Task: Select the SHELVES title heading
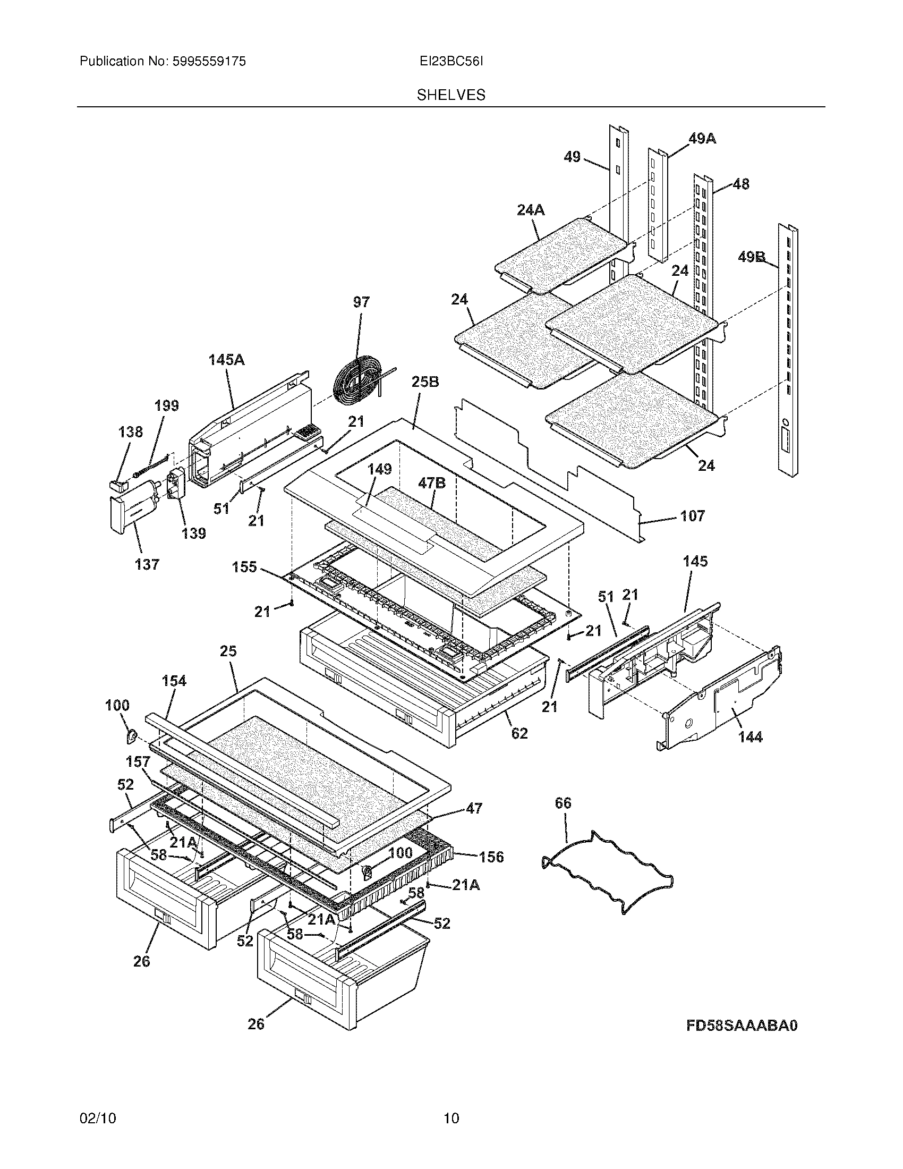[451, 95]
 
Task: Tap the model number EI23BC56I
[451, 62]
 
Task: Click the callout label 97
[361, 302]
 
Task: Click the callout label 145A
[226, 360]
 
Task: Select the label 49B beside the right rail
[752, 258]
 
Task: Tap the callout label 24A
[531, 210]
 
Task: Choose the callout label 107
[692, 516]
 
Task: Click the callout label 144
[750, 737]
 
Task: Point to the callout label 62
[519, 733]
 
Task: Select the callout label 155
[244, 567]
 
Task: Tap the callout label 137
[147, 564]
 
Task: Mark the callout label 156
[491, 857]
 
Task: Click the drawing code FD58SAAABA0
[742, 1026]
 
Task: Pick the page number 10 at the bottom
[451, 1117]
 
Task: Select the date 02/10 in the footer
[97, 1117]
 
